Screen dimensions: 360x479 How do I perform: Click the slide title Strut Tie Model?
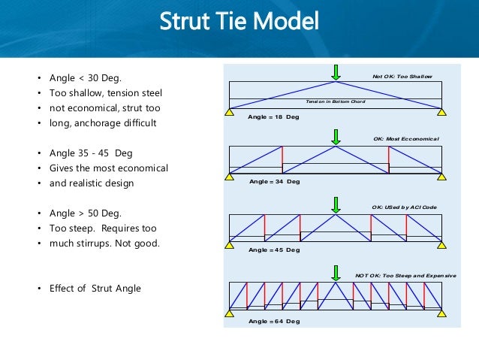pyautogui.click(x=239, y=22)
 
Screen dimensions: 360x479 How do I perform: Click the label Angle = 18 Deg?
pyautogui.click(x=273, y=117)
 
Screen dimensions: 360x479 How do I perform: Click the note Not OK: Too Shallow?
pyautogui.click(x=402, y=77)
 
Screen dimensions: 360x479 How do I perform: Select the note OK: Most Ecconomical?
pyautogui.click(x=405, y=139)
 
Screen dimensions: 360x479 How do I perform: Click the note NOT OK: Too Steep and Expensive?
pyautogui.click(x=405, y=277)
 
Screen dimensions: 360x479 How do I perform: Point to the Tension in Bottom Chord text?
pyautogui.click(x=335, y=101)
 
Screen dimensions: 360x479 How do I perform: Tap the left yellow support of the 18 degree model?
pyautogui.click(x=229, y=111)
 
